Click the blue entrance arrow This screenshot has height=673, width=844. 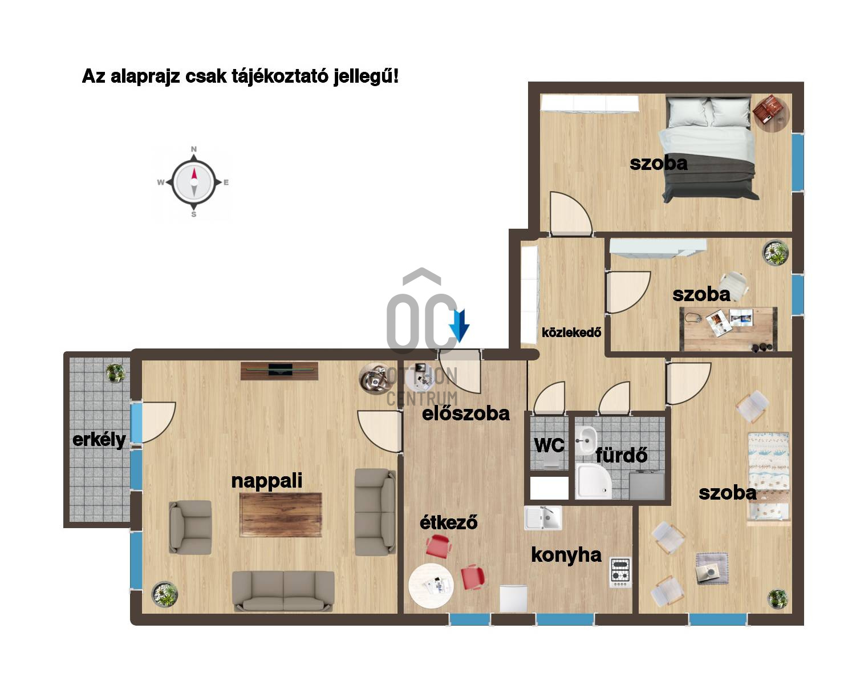459,325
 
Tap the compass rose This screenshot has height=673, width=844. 194,182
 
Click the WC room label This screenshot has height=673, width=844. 549,445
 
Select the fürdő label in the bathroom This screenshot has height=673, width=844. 622,455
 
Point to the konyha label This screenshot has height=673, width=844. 566,555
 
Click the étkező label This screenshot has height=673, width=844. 449,522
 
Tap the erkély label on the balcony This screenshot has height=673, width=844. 99,440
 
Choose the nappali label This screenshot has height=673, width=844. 267,481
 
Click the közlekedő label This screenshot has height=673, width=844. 571,333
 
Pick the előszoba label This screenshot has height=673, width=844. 466,413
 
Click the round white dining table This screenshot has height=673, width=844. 431,586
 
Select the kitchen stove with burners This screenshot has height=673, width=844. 620,572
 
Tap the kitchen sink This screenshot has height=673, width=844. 543,518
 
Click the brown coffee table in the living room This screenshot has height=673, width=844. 281,515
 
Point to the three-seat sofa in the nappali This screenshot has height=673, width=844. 283,591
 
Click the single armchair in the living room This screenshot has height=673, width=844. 190,527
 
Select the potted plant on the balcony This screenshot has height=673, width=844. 115,373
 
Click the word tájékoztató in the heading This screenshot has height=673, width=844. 280,76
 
